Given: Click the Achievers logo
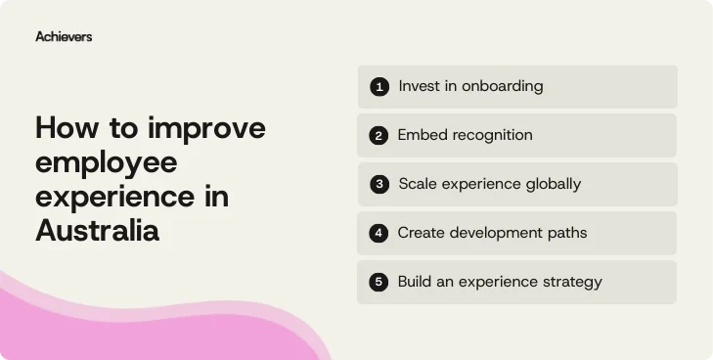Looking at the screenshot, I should (x=64, y=36).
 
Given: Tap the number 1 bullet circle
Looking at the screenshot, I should (x=379, y=87).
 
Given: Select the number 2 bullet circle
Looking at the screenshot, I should (x=379, y=136).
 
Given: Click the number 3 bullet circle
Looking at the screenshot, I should (x=379, y=184).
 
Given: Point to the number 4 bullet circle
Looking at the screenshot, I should (x=379, y=234).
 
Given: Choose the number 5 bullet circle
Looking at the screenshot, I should (x=379, y=283).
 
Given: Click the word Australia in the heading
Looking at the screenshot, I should (x=97, y=231).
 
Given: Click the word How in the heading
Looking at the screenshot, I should (x=66, y=129).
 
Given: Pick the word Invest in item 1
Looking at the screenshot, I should (x=419, y=86).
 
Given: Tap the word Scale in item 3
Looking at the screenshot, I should (x=419, y=184).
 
